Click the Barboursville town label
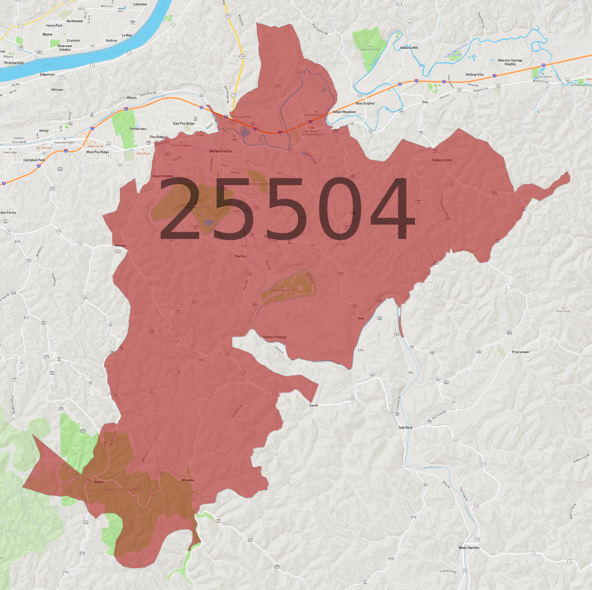click(220, 151)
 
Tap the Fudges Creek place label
click(441, 160)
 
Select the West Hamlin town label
click(468, 548)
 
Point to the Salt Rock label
click(405, 427)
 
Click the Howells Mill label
click(409, 48)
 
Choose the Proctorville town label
click(14, 63)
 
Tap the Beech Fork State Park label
click(122, 489)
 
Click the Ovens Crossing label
click(274, 337)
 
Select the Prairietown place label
click(520, 352)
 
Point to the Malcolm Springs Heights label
click(510, 62)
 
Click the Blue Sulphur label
click(365, 103)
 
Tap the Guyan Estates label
click(163, 176)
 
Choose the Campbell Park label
click(34, 160)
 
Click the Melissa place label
click(120, 246)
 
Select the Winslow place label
click(188, 480)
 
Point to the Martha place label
click(240, 256)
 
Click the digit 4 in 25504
click(391, 209)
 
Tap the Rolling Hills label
click(474, 75)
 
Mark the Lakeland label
click(140, 4)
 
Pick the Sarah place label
click(313, 405)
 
